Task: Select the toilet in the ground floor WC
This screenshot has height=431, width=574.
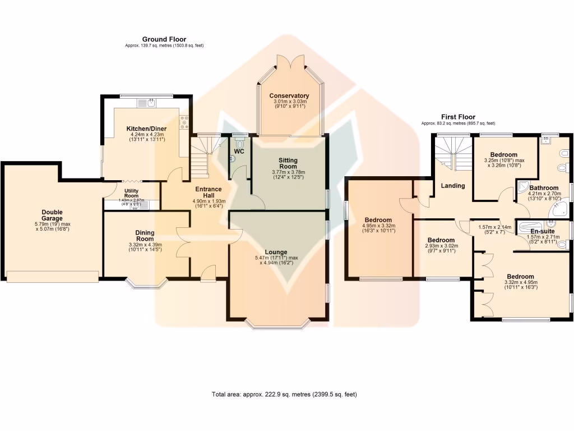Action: pyautogui.click(x=241, y=143)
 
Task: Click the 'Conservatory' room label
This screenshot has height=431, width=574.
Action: pyautogui.click(x=289, y=95)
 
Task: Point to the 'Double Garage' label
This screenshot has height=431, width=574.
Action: pyautogui.click(x=52, y=215)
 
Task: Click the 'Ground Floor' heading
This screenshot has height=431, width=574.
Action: pyautogui.click(x=164, y=39)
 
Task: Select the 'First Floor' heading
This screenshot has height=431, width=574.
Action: pyautogui.click(x=458, y=117)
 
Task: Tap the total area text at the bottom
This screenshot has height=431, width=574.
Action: pyautogui.click(x=284, y=394)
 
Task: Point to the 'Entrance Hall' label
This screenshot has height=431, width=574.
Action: pyautogui.click(x=208, y=193)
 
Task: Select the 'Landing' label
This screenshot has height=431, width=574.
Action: pyautogui.click(x=452, y=186)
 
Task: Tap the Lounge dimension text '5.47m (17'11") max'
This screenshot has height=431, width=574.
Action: pyautogui.click(x=276, y=258)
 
